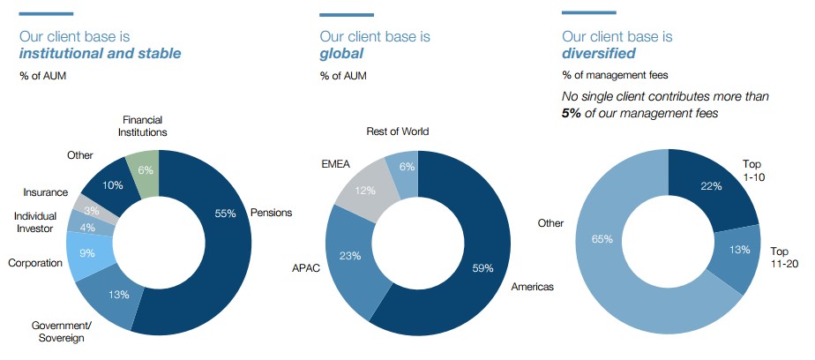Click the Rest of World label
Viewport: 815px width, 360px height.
click(398, 131)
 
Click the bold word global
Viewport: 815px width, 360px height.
click(341, 54)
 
